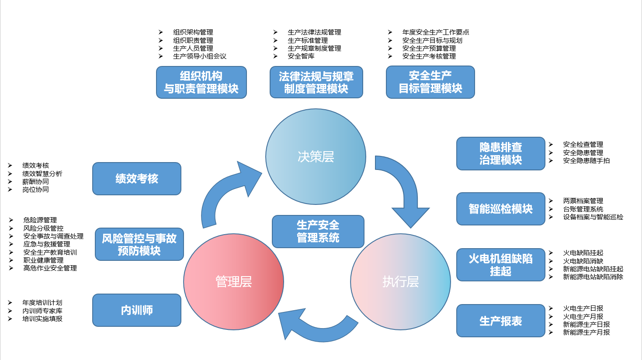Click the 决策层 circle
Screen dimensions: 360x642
pos(316,156)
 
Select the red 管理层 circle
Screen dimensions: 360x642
pos(233,282)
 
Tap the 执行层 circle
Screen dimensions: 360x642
pos(400,282)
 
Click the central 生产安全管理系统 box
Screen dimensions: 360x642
pos(318,232)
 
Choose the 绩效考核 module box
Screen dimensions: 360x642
pos(136,179)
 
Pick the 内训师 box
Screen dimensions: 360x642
pos(136,310)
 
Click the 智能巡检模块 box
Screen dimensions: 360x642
pos(500,209)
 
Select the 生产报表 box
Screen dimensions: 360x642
pos(500,321)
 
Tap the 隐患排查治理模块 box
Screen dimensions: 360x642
pos(500,153)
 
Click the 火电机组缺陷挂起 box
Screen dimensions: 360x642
pos(500,265)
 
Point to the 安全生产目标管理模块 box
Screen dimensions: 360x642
pos(430,82)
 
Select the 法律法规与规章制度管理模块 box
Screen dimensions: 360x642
pos(316,83)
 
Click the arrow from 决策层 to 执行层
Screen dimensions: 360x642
pos(404,188)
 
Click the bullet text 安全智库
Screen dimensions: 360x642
pos(301,56)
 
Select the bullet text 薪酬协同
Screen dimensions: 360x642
pos(35,182)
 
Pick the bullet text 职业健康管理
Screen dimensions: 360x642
pos(43,260)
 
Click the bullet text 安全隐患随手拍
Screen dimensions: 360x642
pos(586,161)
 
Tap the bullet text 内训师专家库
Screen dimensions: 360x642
pos(42,311)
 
